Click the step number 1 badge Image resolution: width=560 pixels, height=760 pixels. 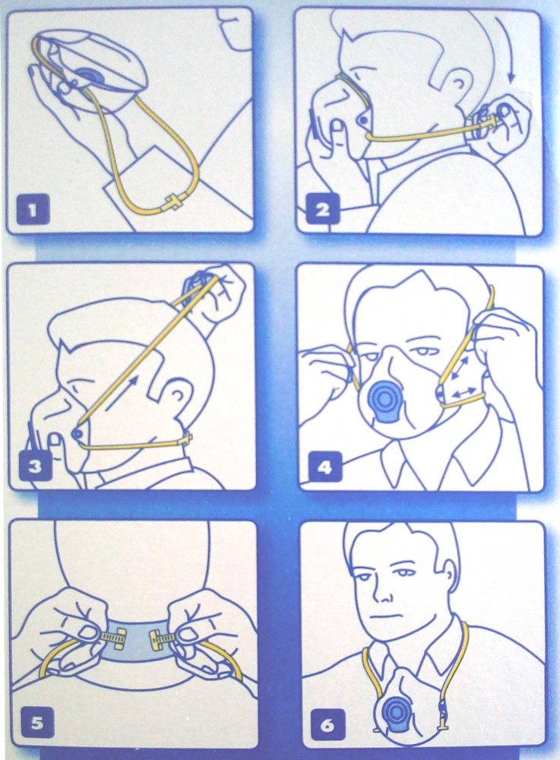33,210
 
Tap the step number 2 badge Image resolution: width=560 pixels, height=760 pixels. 322,210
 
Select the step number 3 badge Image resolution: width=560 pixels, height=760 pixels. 35,466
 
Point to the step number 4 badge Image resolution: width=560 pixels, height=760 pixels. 324,467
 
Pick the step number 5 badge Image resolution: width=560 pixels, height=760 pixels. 36,724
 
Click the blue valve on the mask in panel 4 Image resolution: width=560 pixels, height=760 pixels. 385,401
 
